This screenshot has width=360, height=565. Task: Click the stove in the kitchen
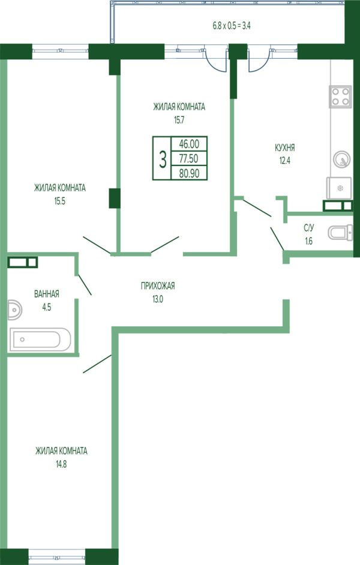pos(340,97)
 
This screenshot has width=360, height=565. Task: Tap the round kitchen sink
pos(341,159)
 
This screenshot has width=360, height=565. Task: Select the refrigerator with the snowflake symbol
pos(340,188)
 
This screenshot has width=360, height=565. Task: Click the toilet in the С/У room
pos(340,232)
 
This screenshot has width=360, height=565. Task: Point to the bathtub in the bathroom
pos(40,339)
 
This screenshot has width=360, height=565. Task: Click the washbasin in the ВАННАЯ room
pos(14,309)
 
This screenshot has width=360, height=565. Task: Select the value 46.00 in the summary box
pos(189,144)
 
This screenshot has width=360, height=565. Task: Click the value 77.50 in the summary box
pos(188,158)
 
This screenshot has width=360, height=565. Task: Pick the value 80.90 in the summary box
pos(189,173)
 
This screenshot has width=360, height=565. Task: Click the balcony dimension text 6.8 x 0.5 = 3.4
pos(232,26)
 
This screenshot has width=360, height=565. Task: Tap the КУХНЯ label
pos(284,148)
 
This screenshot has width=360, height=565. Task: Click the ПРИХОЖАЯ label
pos(158,285)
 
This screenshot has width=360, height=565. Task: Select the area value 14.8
pos(61,464)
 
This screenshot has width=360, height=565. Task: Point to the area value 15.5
pos(60,202)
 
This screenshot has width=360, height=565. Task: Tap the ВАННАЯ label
pos(46,294)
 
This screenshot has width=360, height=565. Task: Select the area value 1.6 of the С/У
pos(308,241)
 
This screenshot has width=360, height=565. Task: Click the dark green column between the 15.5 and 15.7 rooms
pos(115,198)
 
